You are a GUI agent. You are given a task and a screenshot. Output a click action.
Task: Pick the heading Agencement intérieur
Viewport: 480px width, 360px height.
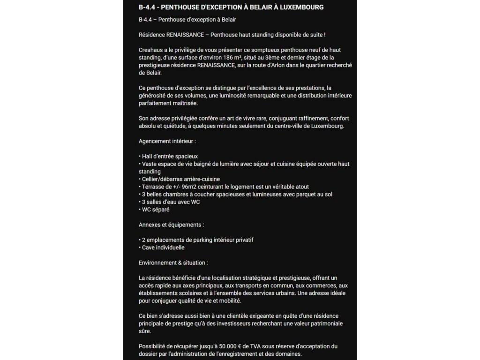[167, 141]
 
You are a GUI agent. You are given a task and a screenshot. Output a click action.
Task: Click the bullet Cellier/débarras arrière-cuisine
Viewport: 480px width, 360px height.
[180, 179]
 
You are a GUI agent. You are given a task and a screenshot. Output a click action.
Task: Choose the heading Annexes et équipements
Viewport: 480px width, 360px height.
[171, 225]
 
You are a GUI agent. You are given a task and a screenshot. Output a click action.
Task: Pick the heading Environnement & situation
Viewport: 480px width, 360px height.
[173, 263]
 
